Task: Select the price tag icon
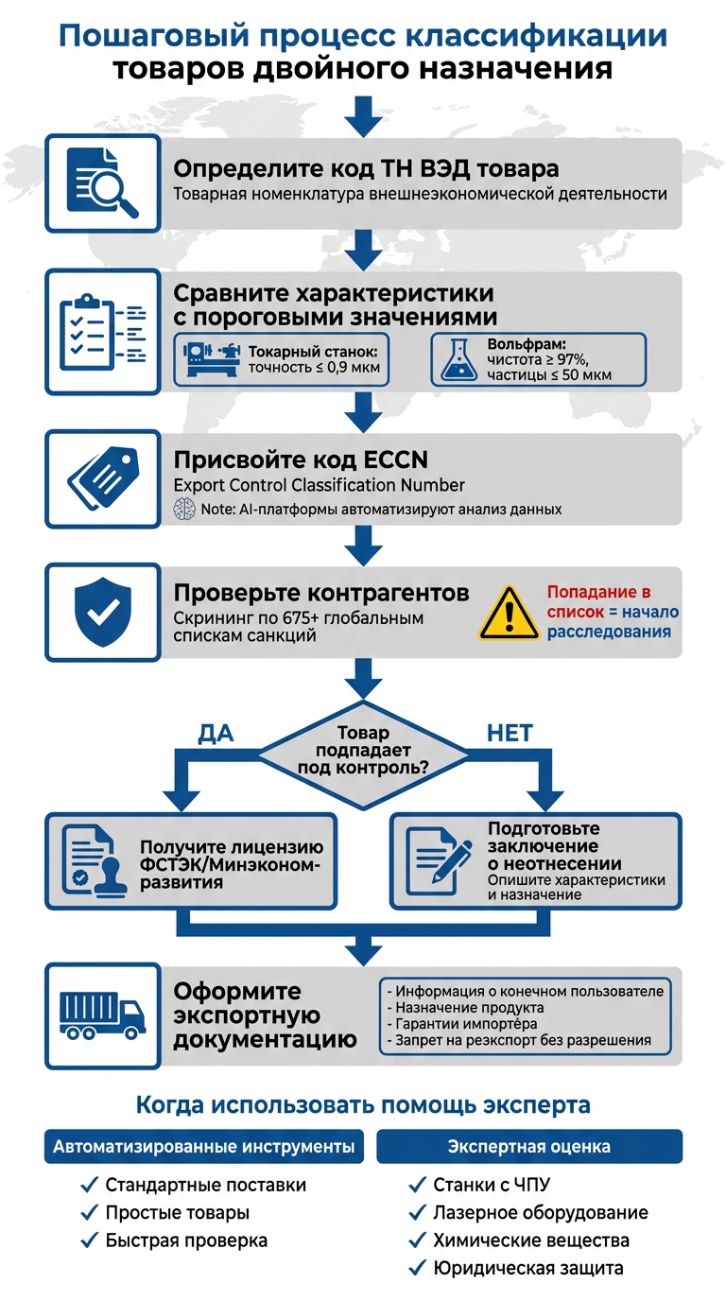pos(102,480)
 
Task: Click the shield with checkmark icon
pos(102,613)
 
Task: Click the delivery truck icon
pos(102,1015)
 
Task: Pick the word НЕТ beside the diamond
pos(509,733)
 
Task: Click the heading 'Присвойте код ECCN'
pos(301,460)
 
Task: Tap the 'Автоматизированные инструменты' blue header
pos(203,1147)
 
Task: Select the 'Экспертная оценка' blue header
pos(528,1147)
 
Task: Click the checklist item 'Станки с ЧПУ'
pos(491,1186)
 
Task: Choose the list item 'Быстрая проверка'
pos(185,1240)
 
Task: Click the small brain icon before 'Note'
pos(184,509)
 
